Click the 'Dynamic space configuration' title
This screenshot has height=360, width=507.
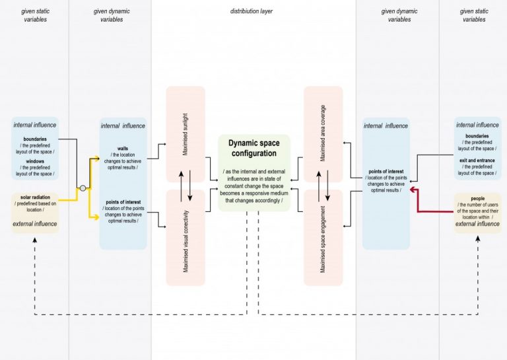253,148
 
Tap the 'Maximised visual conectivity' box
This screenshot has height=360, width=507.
186,238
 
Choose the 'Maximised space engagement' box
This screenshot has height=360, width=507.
323,238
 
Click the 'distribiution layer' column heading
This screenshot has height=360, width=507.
251,11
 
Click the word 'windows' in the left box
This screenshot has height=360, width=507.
36,161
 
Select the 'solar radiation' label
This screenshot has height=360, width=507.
35,198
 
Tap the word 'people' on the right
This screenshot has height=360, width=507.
477,198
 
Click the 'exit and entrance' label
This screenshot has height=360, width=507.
477,161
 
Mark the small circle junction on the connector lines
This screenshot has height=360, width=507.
83,188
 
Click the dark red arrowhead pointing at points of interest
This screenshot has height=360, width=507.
412,189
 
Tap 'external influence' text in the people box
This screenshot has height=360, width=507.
477,224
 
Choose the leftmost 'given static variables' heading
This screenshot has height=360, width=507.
34,15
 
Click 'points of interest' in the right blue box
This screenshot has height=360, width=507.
386,172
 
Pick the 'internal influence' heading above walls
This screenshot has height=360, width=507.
123,126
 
